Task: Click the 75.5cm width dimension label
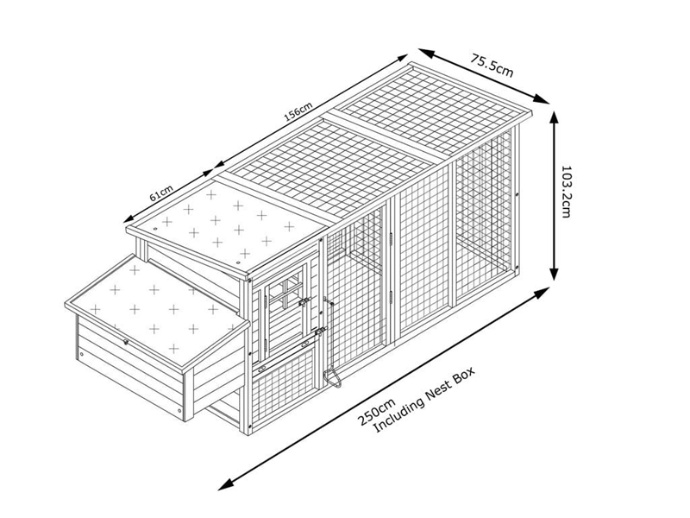tap(492, 66)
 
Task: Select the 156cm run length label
tap(298, 111)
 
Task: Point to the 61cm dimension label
tap(161, 193)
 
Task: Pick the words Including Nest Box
tap(424, 399)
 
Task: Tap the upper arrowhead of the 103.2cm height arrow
tap(555, 117)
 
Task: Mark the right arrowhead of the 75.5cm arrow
tap(542, 99)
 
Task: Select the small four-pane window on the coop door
tap(285, 292)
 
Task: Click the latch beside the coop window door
tap(304, 303)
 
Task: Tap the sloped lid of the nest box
tap(157, 313)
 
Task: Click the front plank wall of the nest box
tap(129, 368)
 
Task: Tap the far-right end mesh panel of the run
tap(484, 212)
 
